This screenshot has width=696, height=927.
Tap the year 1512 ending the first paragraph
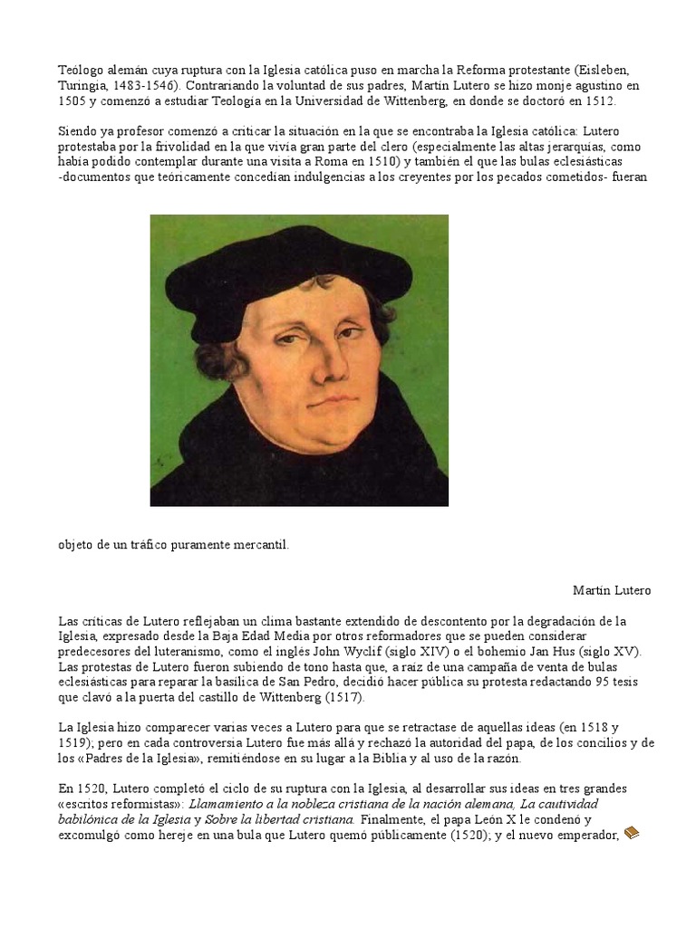(598, 101)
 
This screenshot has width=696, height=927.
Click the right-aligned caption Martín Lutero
(612, 590)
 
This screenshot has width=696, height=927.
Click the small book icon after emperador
(631, 832)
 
